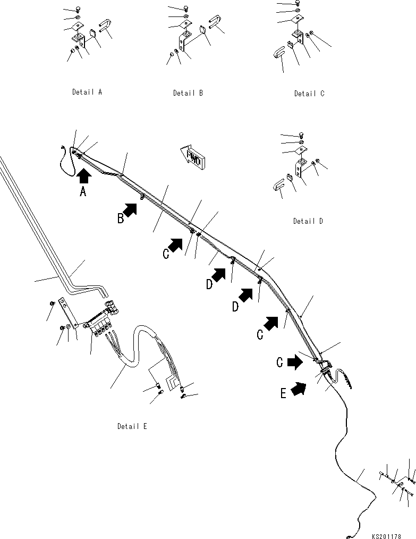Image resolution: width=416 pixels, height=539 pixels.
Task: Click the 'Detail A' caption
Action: (87, 92)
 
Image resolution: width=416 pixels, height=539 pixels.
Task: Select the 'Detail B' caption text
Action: (188, 93)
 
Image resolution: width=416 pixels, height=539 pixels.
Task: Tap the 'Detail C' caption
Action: (309, 94)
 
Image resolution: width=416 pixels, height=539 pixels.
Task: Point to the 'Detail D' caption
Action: (308, 221)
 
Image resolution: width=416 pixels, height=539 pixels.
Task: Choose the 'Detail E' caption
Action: (132, 426)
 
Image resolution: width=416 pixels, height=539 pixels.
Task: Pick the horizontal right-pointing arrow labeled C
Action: (295, 364)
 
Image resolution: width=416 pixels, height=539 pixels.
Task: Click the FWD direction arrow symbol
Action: (191, 156)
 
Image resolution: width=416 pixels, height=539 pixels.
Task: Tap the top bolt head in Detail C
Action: (298, 3)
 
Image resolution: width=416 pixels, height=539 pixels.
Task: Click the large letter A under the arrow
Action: (83, 192)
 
